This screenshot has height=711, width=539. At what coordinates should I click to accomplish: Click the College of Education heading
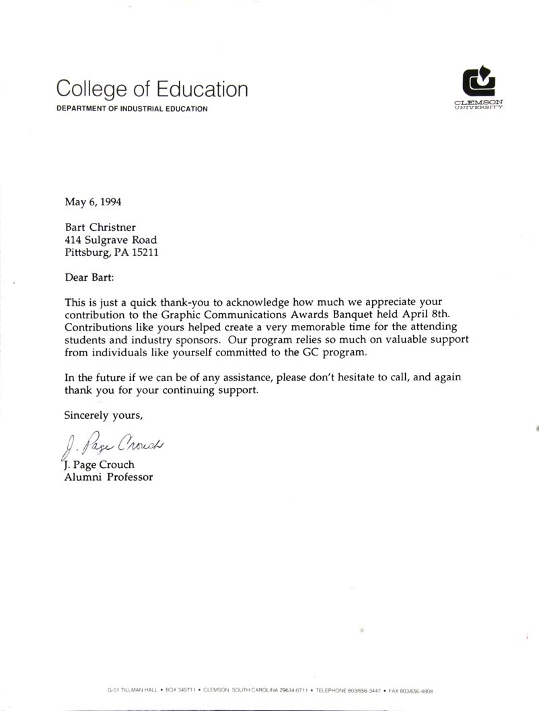click(x=152, y=90)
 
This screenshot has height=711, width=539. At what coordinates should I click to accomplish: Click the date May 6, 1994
click(x=93, y=201)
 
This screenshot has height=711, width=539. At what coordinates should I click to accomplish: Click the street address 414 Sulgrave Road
click(x=111, y=240)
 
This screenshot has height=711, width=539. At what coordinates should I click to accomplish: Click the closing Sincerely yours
click(x=104, y=415)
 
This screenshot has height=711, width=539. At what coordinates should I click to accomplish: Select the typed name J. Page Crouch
click(x=99, y=465)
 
